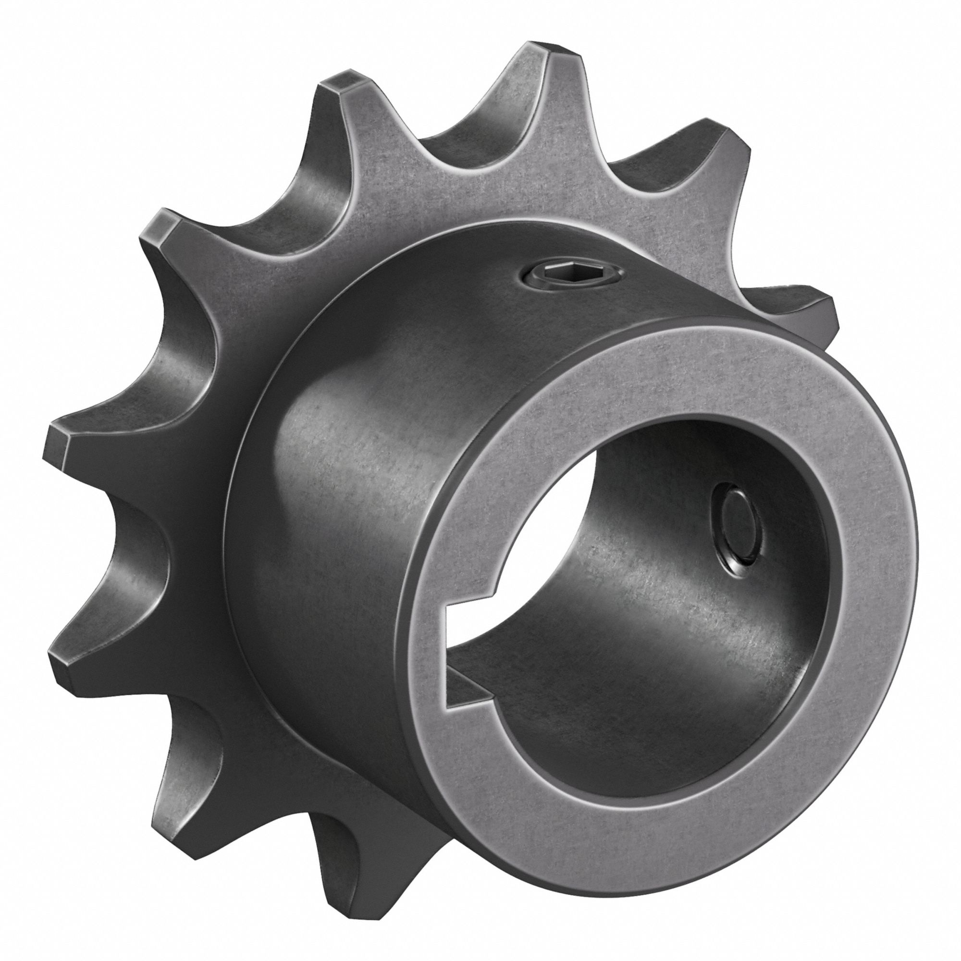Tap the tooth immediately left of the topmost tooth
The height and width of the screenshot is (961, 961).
tap(343, 85)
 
